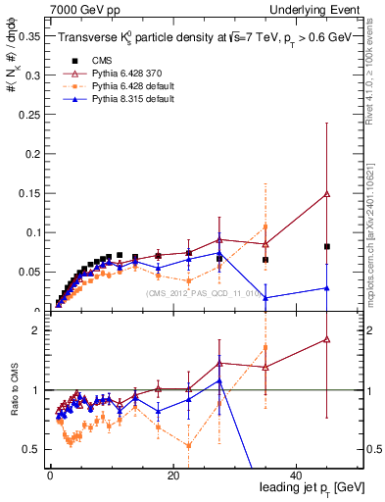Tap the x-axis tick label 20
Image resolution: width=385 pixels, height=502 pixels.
[173, 476]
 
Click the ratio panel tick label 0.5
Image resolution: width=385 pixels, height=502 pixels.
[31, 449]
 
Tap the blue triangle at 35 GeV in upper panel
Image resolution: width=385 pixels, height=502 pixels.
[265, 298]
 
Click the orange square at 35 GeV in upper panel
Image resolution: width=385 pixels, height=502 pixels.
[265, 227]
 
